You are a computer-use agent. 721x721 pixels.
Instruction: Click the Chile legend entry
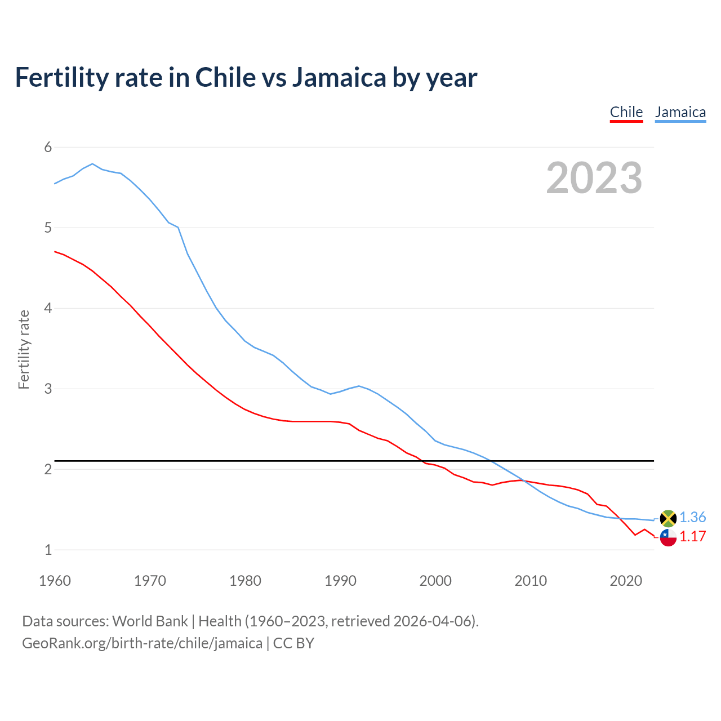click(x=626, y=112)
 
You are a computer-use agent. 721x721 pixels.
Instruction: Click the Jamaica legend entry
click(x=680, y=112)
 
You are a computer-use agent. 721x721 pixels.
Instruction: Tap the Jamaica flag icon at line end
click(x=668, y=518)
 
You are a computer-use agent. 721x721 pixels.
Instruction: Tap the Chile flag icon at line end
click(x=668, y=537)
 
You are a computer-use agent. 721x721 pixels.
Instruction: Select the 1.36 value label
click(x=693, y=517)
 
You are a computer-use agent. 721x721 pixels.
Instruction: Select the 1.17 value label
click(x=693, y=536)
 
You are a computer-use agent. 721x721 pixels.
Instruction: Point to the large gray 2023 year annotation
click(x=594, y=178)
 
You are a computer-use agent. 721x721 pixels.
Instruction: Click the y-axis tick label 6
click(x=48, y=147)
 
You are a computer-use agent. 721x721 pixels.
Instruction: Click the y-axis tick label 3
click(x=48, y=389)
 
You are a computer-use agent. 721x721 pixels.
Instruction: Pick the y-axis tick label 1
click(x=48, y=550)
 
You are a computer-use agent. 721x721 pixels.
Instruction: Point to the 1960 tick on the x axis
click(x=55, y=581)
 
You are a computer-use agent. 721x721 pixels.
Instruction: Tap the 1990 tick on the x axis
click(x=340, y=581)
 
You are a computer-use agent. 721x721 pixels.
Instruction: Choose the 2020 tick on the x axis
click(x=626, y=581)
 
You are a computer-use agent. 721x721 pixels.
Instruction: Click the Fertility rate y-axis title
click(x=24, y=349)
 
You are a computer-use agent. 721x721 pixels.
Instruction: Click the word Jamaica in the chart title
click(x=339, y=77)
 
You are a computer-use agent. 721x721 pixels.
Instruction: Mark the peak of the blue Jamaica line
click(x=92, y=164)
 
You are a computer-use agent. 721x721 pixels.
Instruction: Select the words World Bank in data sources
click(x=150, y=621)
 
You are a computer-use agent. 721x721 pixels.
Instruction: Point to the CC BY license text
click(x=293, y=643)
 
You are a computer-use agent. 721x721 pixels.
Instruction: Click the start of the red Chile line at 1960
click(x=55, y=251)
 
